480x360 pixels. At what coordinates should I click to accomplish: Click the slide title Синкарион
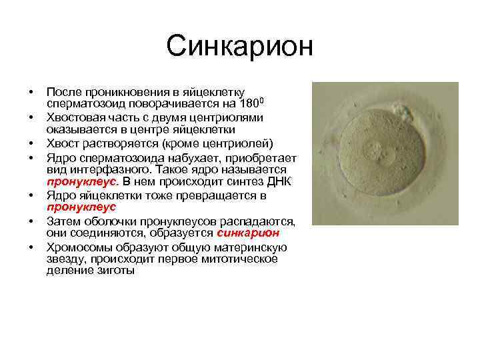pos(239,47)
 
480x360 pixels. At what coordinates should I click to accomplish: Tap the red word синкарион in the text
pos(247,233)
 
